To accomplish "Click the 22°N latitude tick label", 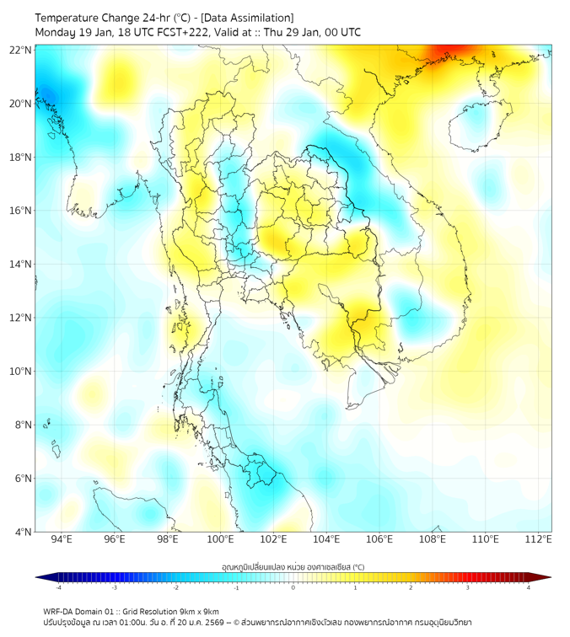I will (x=21, y=50).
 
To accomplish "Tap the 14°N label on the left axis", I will (x=21, y=265).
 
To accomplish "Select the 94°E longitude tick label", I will (x=62, y=539).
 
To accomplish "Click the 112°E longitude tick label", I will (x=538, y=539).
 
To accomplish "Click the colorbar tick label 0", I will (x=293, y=587).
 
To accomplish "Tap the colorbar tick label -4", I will (x=57, y=587).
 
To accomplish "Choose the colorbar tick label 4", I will (x=529, y=587).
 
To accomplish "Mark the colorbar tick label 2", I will (x=411, y=587).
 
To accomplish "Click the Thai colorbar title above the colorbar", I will (x=293, y=567).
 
